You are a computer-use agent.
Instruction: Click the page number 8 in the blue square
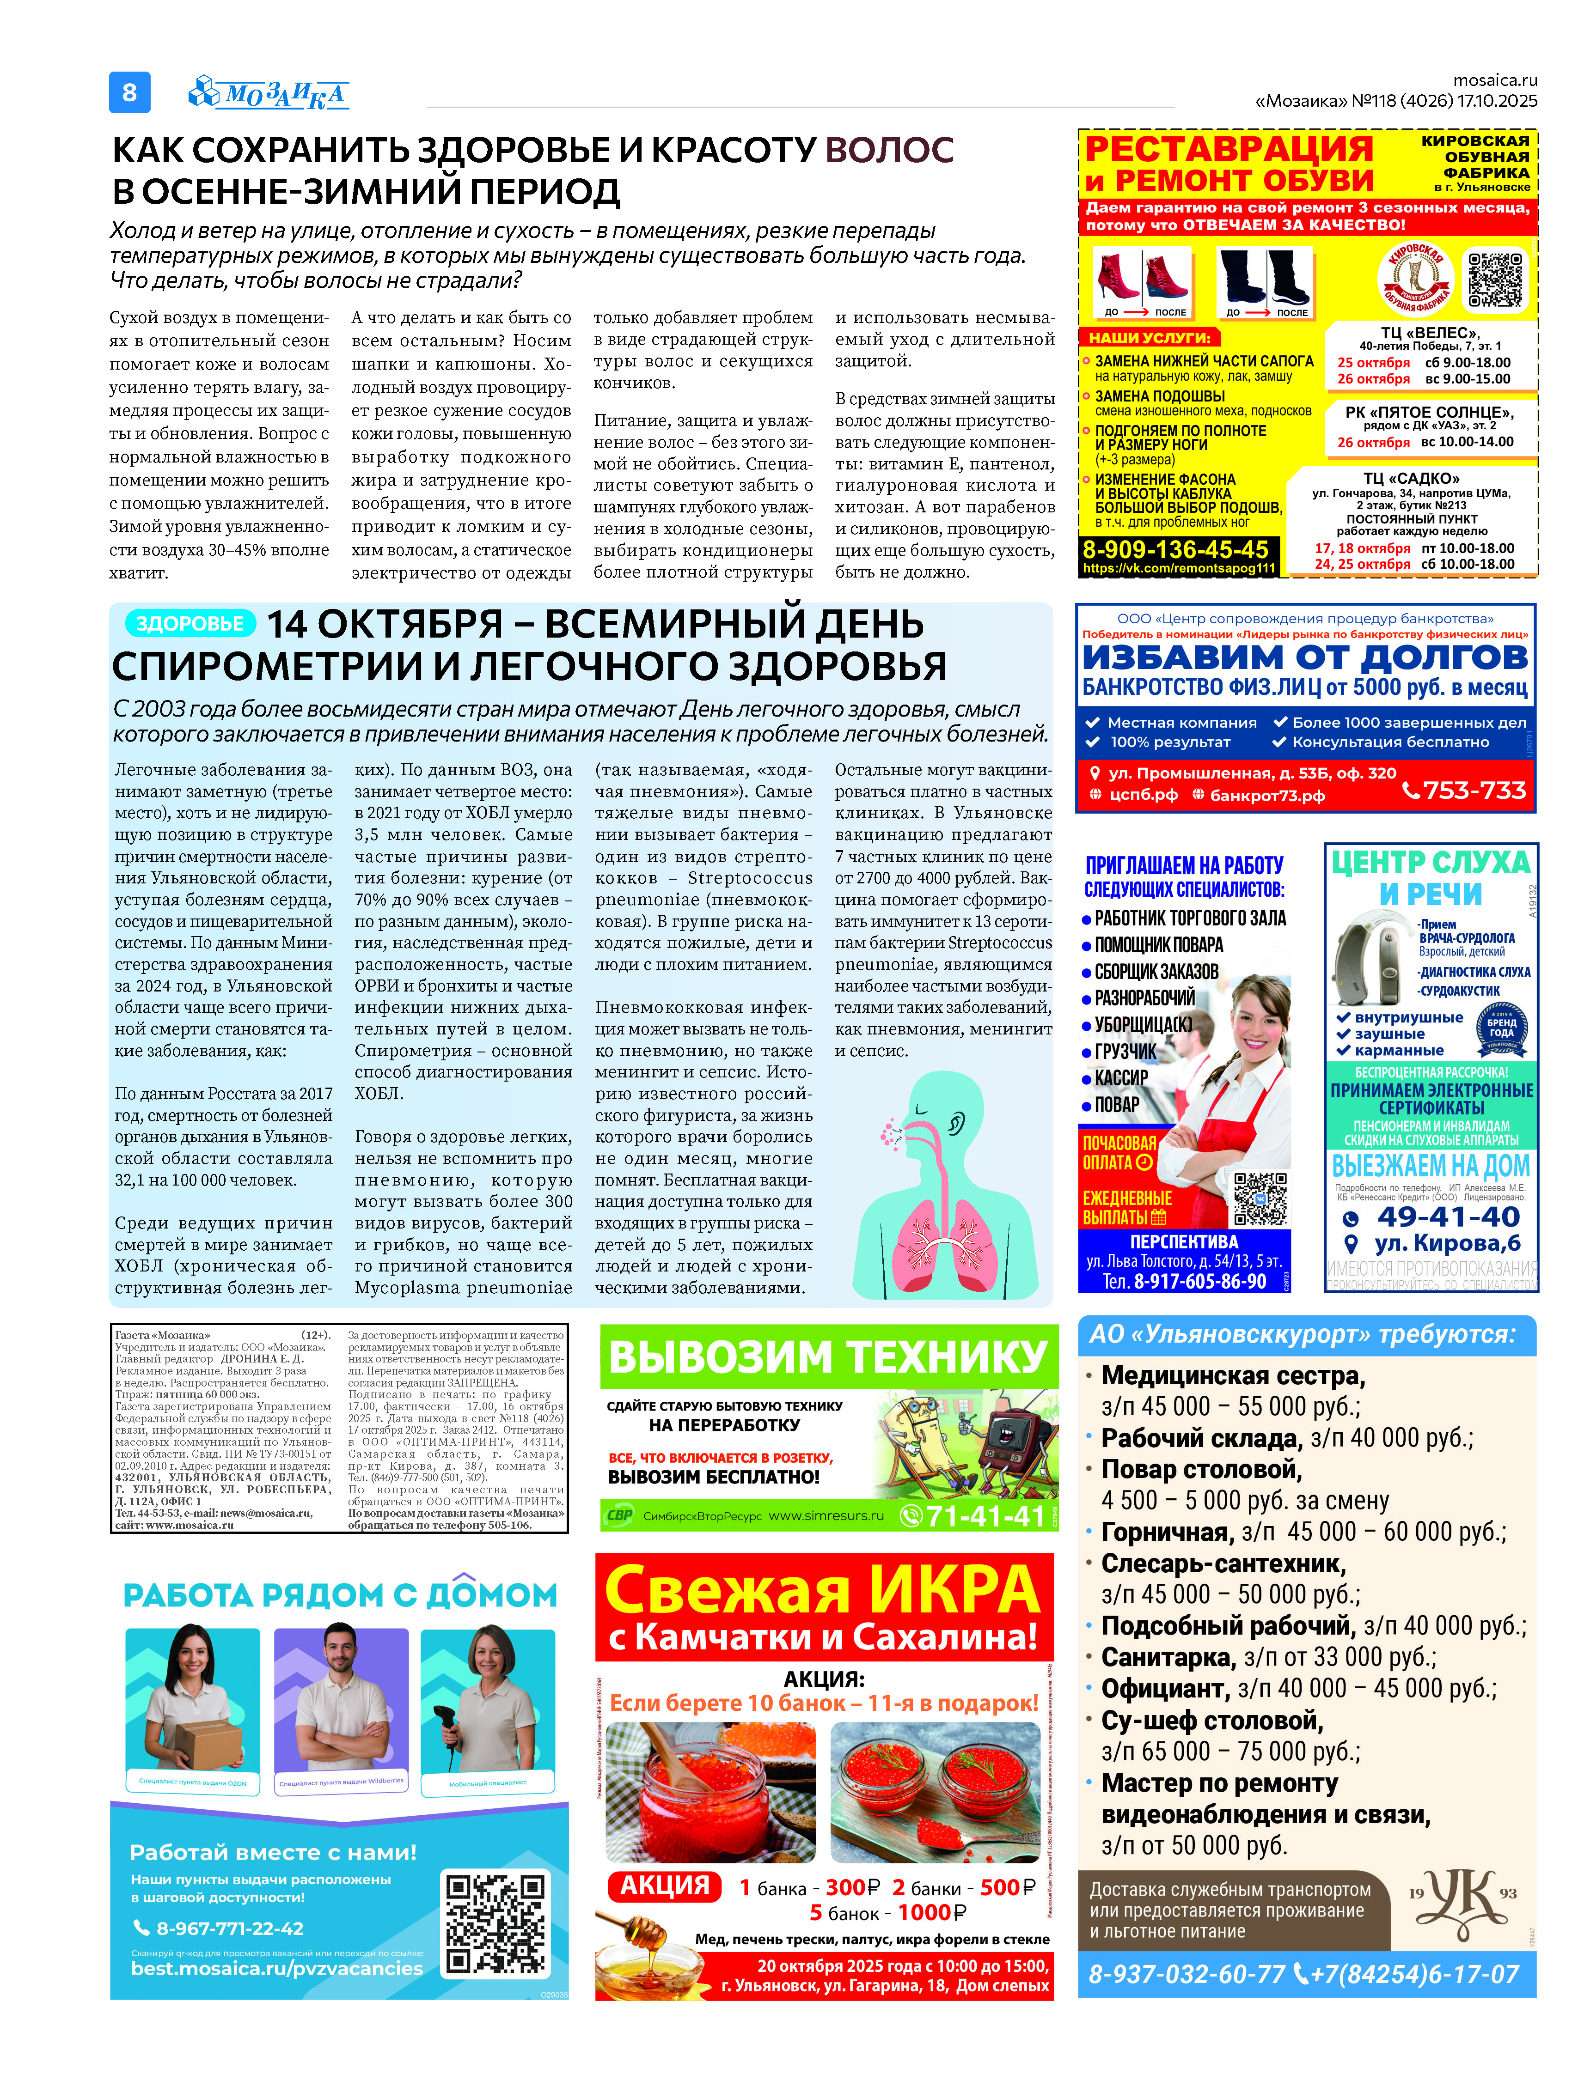(x=129, y=92)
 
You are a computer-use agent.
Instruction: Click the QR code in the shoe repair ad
(x=1496, y=280)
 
